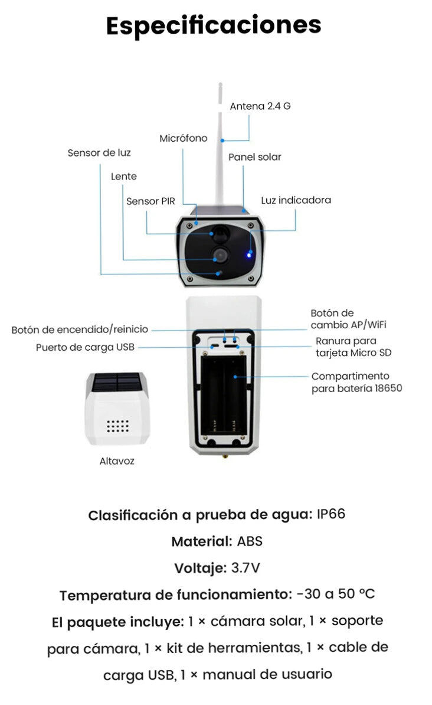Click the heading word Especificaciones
(214, 25)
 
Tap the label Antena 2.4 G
(260, 106)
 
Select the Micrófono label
(184, 138)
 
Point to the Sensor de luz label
(99, 153)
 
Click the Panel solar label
(255, 157)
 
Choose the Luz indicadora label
(296, 200)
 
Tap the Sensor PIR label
(150, 201)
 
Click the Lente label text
(124, 177)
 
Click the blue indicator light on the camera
(250, 255)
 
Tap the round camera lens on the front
(218, 255)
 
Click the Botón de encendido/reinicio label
(80, 329)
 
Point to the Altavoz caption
(117, 461)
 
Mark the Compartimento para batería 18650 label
(356, 382)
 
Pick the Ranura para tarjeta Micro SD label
(354, 347)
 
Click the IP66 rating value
(330, 514)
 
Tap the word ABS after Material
(250, 541)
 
